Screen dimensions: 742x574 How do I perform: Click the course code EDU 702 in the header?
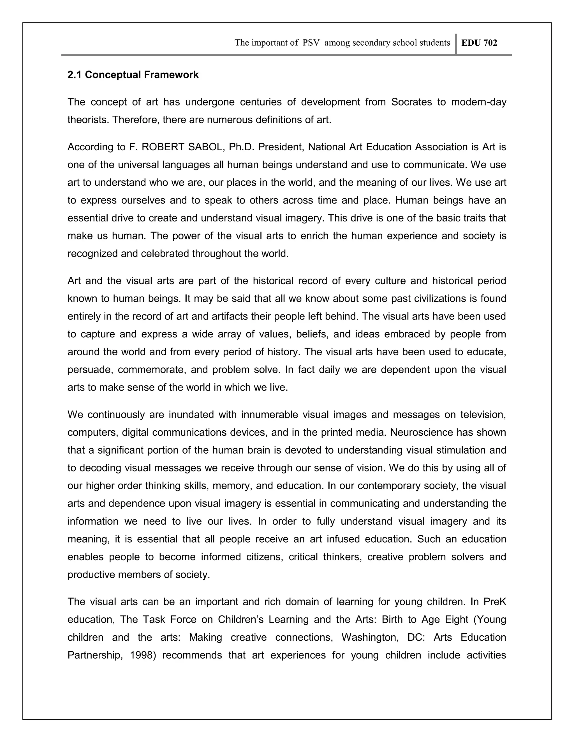click(479, 43)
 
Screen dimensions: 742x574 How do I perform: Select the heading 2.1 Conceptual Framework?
click(133, 75)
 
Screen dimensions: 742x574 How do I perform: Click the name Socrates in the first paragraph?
click(411, 102)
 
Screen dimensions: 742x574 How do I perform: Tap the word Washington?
click(370, 637)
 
